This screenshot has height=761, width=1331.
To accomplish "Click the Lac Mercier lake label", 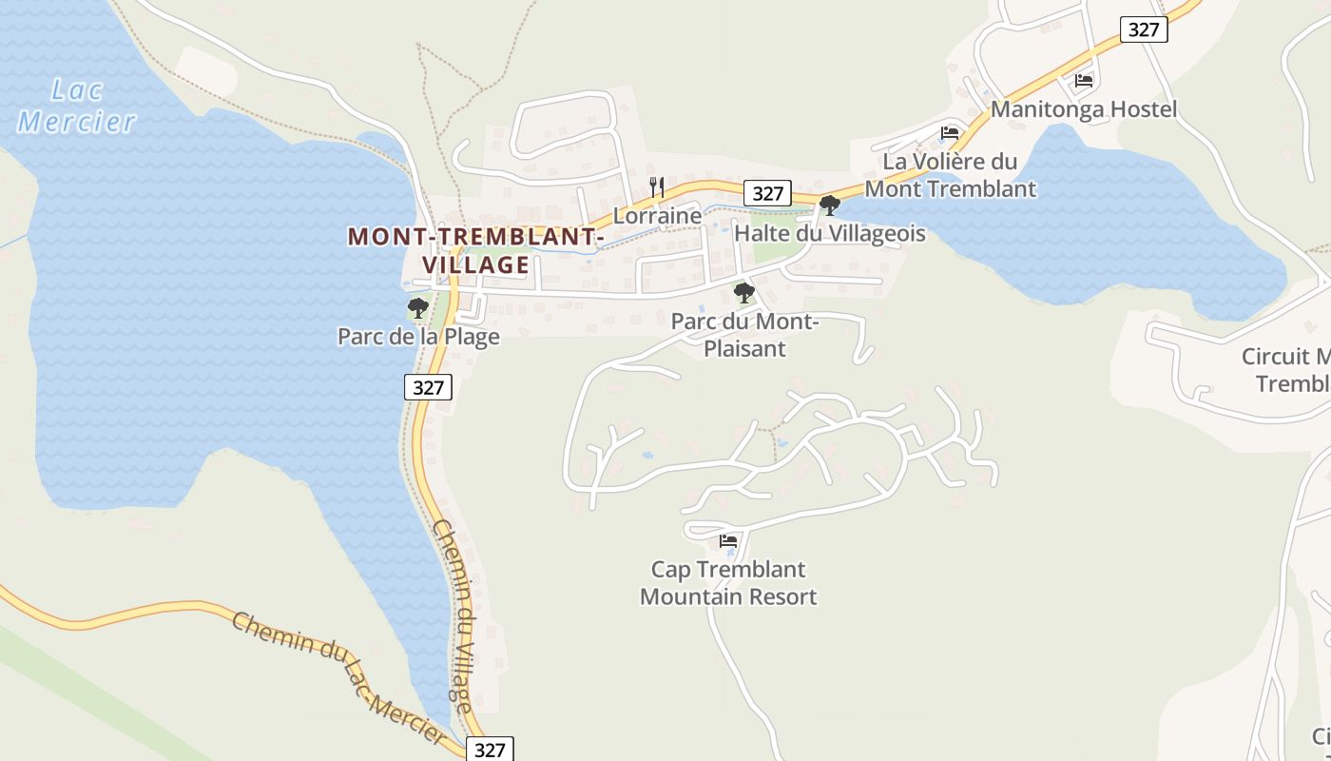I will [x=76, y=106].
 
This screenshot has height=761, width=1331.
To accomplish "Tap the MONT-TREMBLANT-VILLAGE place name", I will [x=475, y=250].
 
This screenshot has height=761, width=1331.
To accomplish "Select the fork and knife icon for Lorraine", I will [x=657, y=186].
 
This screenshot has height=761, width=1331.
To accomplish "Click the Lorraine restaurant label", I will [x=657, y=216].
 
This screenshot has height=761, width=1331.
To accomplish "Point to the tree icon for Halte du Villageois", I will [x=829, y=205].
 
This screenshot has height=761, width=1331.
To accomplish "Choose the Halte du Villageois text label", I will [x=830, y=233].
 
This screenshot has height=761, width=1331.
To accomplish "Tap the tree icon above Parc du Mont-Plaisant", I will [x=744, y=293].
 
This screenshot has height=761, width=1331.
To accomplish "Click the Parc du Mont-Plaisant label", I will [x=744, y=335].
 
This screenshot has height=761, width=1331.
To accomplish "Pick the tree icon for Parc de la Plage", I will [x=417, y=307].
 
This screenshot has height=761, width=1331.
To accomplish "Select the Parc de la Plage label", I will [x=418, y=337].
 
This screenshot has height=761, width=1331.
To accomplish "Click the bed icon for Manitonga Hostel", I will [x=1084, y=81].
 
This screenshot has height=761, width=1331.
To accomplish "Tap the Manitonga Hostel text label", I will [x=1084, y=109].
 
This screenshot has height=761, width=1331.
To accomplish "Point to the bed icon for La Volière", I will [x=949, y=133].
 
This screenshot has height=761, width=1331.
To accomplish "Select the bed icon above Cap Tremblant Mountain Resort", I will [x=728, y=541].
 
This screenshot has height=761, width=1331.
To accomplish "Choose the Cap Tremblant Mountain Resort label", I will [x=728, y=583].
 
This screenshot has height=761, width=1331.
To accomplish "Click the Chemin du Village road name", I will [x=452, y=615].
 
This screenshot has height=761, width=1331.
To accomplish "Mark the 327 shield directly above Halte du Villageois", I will [x=767, y=193].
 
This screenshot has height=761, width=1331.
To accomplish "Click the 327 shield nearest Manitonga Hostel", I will [x=1143, y=29].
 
